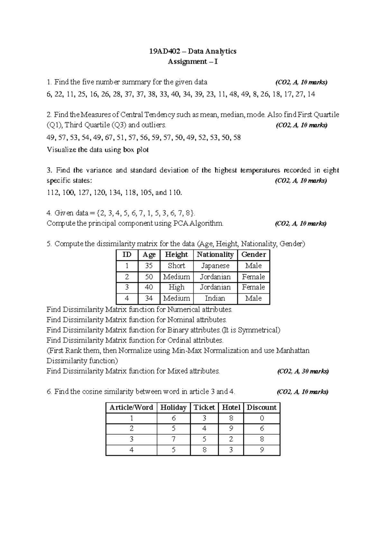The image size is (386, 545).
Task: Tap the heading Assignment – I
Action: pos(193,61)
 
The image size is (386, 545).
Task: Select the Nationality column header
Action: pos(215,255)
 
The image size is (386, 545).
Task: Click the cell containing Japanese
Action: pos(215,266)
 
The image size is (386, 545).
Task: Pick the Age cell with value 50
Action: pos(149,277)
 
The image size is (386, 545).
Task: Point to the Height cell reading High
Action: pos(176,287)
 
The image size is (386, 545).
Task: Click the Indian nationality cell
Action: pos(215,298)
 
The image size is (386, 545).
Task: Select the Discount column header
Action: pos(262,407)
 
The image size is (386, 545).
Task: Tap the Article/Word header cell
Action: pos(131,407)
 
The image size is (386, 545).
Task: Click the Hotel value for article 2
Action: pos(231,429)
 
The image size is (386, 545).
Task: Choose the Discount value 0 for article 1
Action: pos(262,418)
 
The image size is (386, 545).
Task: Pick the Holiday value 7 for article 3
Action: pos(173,439)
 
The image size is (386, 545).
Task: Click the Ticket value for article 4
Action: pos(204,450)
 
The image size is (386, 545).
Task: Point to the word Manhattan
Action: pos(293,351)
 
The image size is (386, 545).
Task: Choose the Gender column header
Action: pos(253,255)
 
